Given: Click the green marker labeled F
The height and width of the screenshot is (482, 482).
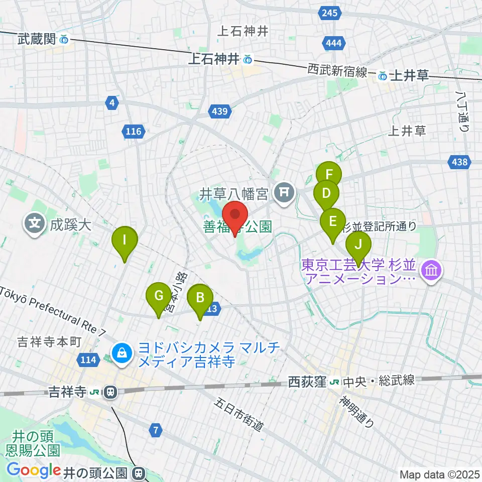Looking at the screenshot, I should (329, 175).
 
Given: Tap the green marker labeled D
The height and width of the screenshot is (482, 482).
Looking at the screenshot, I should (326, 193).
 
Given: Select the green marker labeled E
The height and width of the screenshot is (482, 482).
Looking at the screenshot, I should (332, 221).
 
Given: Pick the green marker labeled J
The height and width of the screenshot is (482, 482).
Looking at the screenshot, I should (358, 245).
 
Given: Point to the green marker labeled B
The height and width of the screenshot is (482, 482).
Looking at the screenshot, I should (200, 298).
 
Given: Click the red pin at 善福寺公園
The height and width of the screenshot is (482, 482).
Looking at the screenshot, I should (234, 215).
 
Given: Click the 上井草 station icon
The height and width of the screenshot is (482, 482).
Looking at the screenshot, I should (383, 76).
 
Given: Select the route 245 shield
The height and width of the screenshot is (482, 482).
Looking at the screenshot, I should (330, 13).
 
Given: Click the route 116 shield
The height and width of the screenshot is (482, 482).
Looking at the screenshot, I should (134, 132).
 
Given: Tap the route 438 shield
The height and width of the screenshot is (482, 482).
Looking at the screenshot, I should (458, 162).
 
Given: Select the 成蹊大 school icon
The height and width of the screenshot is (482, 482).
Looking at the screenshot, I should (35, 221).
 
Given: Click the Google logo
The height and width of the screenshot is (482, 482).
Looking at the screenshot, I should (34, 470).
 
